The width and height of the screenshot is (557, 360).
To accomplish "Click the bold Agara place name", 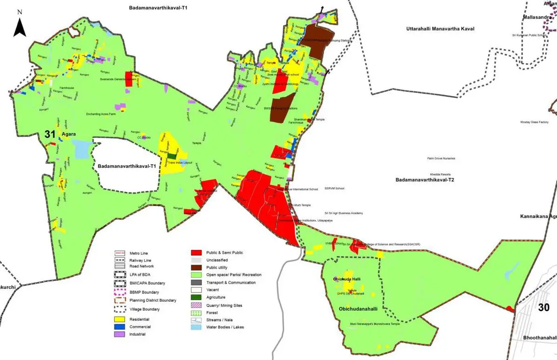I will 69,134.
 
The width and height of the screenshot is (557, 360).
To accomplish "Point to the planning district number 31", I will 50,134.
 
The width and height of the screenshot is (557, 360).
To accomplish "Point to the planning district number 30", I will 544,307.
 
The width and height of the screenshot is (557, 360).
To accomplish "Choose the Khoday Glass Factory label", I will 534,122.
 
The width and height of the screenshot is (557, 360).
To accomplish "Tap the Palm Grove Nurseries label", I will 441,158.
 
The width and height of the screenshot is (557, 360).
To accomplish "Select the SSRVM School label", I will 335,189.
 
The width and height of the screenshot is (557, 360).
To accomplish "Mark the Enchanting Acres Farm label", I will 101,114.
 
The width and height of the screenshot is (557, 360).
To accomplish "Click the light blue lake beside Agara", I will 81,149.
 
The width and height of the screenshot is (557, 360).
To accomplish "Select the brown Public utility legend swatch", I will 197,268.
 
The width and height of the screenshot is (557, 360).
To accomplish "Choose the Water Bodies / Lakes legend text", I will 225,327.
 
